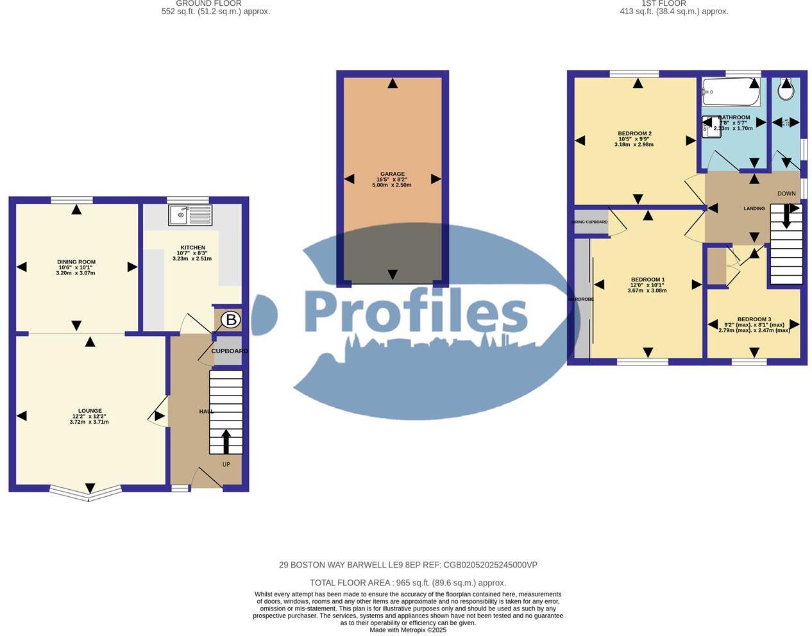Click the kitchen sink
(190, 215)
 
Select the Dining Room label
(76, 262)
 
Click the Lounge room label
(90, 411)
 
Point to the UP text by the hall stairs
(226, 464)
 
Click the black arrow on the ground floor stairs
(226, 441)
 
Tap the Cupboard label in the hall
(229, 351)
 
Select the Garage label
(392, 174)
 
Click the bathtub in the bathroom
(731, 92)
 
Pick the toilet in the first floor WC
(786, 90)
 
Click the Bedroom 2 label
(634, 133)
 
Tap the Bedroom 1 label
(647, 280)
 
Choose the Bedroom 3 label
(754, 319)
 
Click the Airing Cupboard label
(589, 222)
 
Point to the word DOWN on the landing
(786, 194)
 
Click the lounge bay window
(86, 492)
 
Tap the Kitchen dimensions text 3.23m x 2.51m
(192, 258)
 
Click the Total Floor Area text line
(407, 583)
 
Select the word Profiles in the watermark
(416, 313)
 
